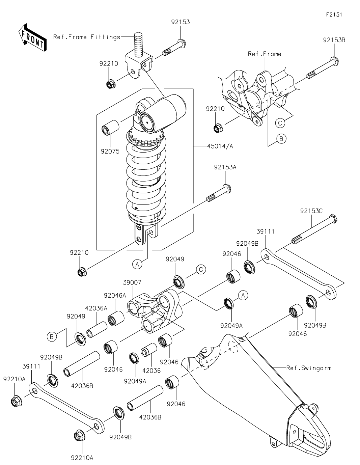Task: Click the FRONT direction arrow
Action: (x=32, y=38)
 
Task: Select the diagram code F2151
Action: (x=334, y=15)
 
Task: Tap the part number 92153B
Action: (x=334, y=40)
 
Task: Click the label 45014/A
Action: (x=220, y=146)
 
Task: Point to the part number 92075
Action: (x=110, y=151)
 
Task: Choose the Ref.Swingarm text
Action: (x=309, y=368)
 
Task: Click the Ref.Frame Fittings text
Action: (x=87, y=37)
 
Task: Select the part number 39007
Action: (x=132, y=282)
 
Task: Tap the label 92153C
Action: (x=311, y=211)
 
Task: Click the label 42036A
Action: (x=96, y=308)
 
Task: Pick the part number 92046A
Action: (x=115, y=296)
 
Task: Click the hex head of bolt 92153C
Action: (x=333, y=219)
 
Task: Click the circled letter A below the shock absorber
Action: (x=137, y=265)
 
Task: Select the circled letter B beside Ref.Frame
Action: (x=281, y=139)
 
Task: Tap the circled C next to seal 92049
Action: (x=201, y=270)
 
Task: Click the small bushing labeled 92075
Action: (x=110, y=128)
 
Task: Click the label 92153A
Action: (x=225, y=167)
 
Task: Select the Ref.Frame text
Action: (x=265, y=54)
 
